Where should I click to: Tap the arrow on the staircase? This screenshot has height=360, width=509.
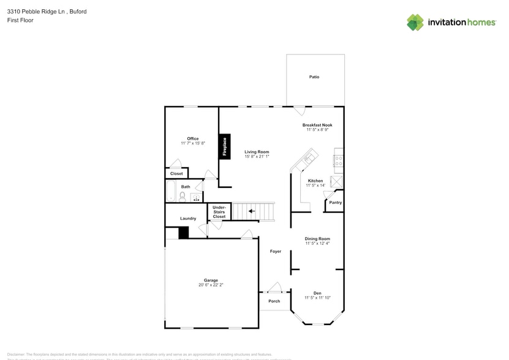click(x=252, y=211)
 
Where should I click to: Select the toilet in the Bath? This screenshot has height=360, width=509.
click(x=182, y=197)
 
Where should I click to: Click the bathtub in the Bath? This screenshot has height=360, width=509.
click(x=171, y=191)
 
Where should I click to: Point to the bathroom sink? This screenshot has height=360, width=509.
click(x=195, y=197)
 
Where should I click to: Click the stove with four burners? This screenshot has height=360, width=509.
click(x=338, y=160)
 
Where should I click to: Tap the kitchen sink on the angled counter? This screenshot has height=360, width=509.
click(x=307, y=160)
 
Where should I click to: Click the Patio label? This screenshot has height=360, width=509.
click(x=314, y=77)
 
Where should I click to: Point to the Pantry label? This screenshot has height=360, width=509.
click(x=335, y=203)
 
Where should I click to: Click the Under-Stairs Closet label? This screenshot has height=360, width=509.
click(x=219, y=212)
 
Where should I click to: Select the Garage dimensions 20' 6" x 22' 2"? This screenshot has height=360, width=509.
click(x=211, y=285)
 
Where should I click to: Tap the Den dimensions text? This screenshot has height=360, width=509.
click(x=317, y=298)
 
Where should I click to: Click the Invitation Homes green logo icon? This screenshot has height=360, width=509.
click(x=415, y=23)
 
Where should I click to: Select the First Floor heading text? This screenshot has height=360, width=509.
click(x=20, y=20)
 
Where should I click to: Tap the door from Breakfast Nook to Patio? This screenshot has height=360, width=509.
click(x=300, y=111)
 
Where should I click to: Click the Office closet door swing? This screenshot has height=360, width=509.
click(x=176, y=163)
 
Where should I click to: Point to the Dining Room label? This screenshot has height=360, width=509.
click(x=317, y=239)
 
